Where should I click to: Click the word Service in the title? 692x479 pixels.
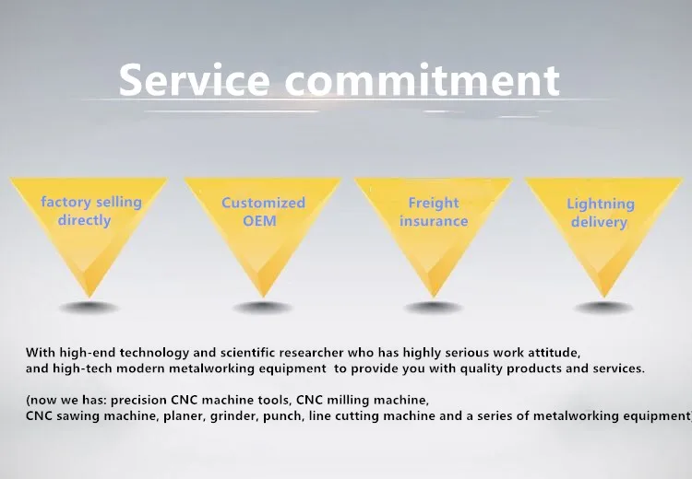tap(194, 80)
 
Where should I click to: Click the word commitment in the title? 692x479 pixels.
tap(423, 80)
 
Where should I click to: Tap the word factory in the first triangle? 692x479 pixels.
tap(66, 203)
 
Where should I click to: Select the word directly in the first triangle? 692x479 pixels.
tap(84, 220)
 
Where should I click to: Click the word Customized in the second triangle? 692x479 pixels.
tap(263, 203)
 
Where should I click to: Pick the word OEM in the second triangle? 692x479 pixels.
tap(259, 221)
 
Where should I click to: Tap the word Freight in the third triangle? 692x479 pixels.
tap(434, 204)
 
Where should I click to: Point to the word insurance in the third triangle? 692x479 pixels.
tap(434, 221)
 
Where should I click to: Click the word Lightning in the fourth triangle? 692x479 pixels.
tap(601, 204)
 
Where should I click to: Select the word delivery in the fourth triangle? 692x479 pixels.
tap(599, 222)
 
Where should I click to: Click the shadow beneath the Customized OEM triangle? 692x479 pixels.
tap(263, 307)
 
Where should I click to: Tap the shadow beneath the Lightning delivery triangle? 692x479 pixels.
tap(603, 308)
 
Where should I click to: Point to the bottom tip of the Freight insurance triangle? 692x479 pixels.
tap(433, 297)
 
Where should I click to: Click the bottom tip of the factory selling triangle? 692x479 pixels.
tap(89, 297)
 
